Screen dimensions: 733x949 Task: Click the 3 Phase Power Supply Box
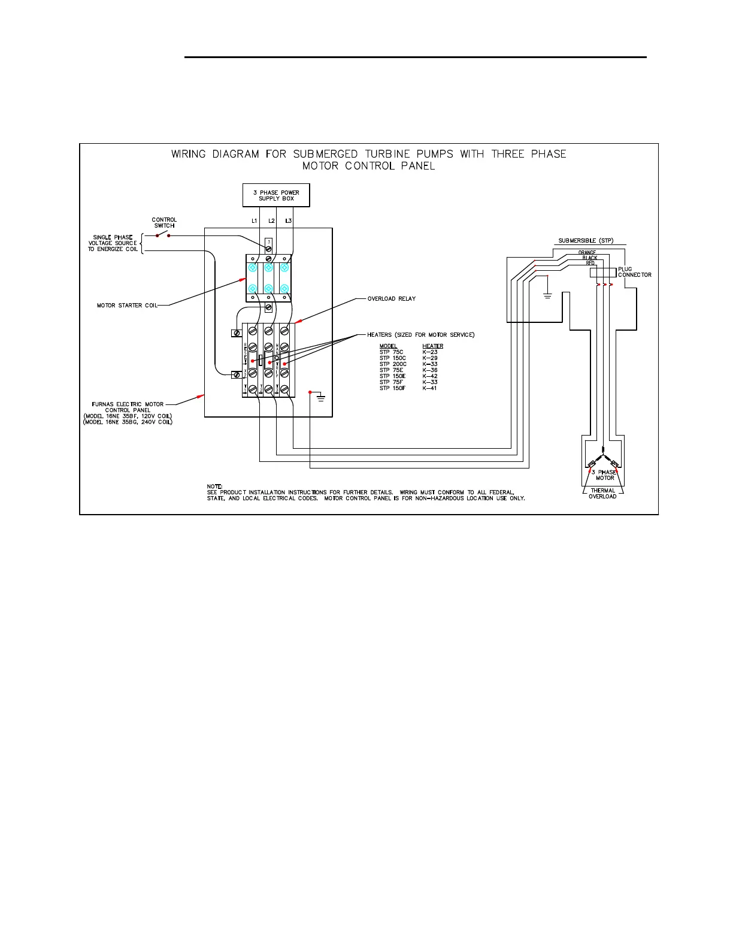click(x=276, y=195)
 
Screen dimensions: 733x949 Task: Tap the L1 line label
click(x=254, y=221)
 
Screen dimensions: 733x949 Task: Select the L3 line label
click(x=289, y=221)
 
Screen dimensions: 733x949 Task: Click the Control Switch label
click(x=164, y=222)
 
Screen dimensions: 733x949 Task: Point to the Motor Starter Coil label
click(x=128, y=306)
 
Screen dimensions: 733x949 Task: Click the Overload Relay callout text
click(x=391, y=298)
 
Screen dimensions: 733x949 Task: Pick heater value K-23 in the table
click(x=430, y=352)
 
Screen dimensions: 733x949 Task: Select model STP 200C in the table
click(x=393, y=364)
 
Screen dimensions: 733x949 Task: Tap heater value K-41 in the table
click(x=430, y=388)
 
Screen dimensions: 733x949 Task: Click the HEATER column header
click(x=432, y=346)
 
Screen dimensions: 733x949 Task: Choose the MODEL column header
click(x=388, y=346)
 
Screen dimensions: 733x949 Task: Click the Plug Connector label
click(x=634, y=272)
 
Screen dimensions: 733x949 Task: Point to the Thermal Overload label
click(x=602, y=494)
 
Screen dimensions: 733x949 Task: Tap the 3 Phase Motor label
click(x=604, y=475)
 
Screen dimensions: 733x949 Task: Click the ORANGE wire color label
click(x=587, y=252)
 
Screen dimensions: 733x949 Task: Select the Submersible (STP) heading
click(x=586, y=241)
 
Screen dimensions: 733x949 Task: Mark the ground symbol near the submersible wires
click(x=547, y=295)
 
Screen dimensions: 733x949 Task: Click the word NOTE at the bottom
click(x=215, y=486)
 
